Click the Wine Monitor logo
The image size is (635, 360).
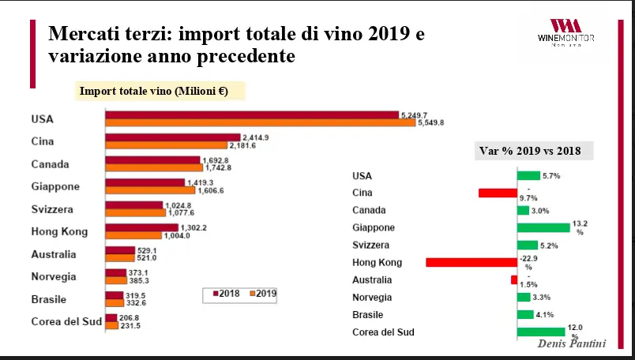(571, 31)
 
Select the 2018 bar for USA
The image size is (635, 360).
(252, 115)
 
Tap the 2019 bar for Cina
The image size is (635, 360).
(166, 145)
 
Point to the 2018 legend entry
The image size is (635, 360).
(227, 293)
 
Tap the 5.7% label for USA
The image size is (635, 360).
(551, 176)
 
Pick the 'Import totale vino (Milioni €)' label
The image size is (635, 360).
(153, 91)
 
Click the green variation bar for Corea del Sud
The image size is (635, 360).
(540, 332)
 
